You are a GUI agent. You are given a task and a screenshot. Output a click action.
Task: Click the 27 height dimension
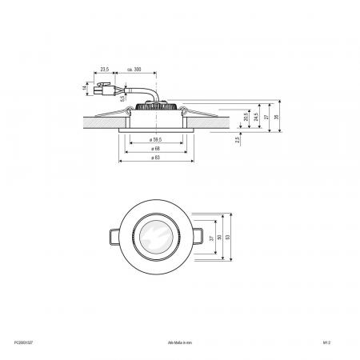(x=266, y=116)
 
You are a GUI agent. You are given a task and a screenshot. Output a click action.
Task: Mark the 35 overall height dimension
(x=277, y=114)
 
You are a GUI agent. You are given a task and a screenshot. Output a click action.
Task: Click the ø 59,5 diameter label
(x=152, y=140)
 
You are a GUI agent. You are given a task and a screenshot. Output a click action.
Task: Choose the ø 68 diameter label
(x=152, y=150)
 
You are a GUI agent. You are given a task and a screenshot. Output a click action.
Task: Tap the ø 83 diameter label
(x=152, y=159)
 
